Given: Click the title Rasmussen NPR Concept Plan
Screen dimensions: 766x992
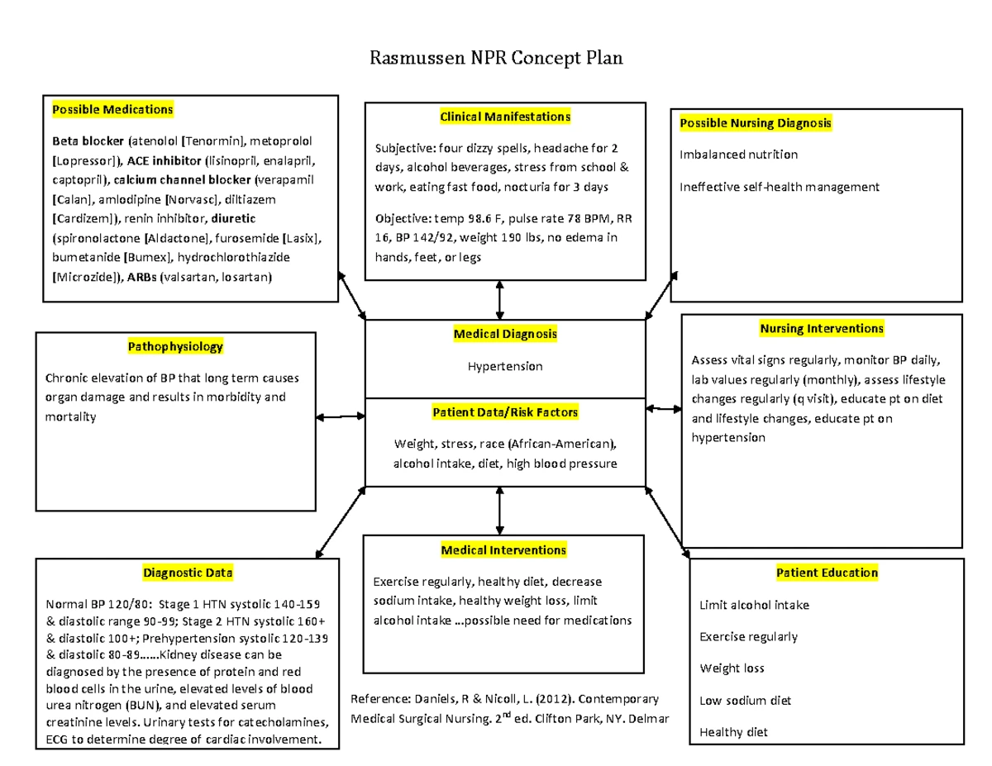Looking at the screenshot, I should tap(495, 59).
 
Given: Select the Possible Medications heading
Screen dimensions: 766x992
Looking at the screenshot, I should tap(112, 109).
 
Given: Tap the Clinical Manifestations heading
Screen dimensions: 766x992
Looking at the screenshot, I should tap(505, 117).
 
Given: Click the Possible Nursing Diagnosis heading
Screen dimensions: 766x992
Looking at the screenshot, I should tap(755, 123).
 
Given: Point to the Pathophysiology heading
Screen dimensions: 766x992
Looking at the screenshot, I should tap(175, 346).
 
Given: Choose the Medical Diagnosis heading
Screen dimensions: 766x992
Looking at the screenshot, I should tap(505, 334).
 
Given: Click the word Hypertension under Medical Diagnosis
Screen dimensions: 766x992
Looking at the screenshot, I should tap(505, 366).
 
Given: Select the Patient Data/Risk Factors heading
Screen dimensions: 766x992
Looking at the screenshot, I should tap(505, 412).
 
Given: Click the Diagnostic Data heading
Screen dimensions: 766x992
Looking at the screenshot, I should tap(188, 572).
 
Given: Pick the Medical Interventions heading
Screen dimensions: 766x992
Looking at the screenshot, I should tap(503, 550).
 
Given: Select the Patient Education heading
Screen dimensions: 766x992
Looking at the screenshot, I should tap(827, 573).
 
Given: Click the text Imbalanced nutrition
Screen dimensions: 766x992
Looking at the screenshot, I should tap(738, 155).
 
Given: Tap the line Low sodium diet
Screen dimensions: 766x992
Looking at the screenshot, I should tap(745, 700).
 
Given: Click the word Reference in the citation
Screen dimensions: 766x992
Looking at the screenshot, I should tap(379, 699).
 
